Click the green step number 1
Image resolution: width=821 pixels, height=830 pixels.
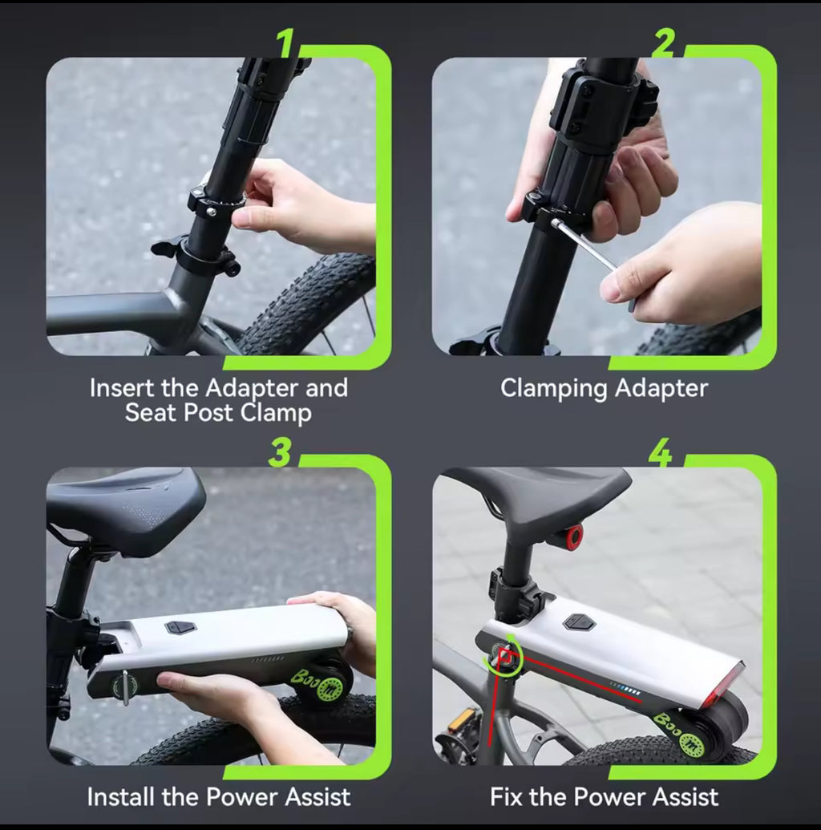click(x=286, y=43)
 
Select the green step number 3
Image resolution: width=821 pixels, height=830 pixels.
click(x=280, y=452)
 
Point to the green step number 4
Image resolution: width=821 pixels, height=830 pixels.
click(x=661, y=452)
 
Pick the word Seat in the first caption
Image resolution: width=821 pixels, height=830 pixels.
click(x=150, y=412)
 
